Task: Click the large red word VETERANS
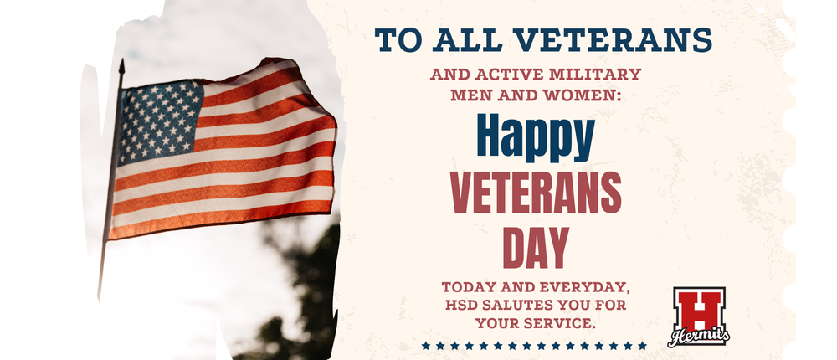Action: point(536,193)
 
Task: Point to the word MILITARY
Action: point(598,75)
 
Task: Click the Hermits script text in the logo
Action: point(698,337)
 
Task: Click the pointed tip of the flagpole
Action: point(121,63)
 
